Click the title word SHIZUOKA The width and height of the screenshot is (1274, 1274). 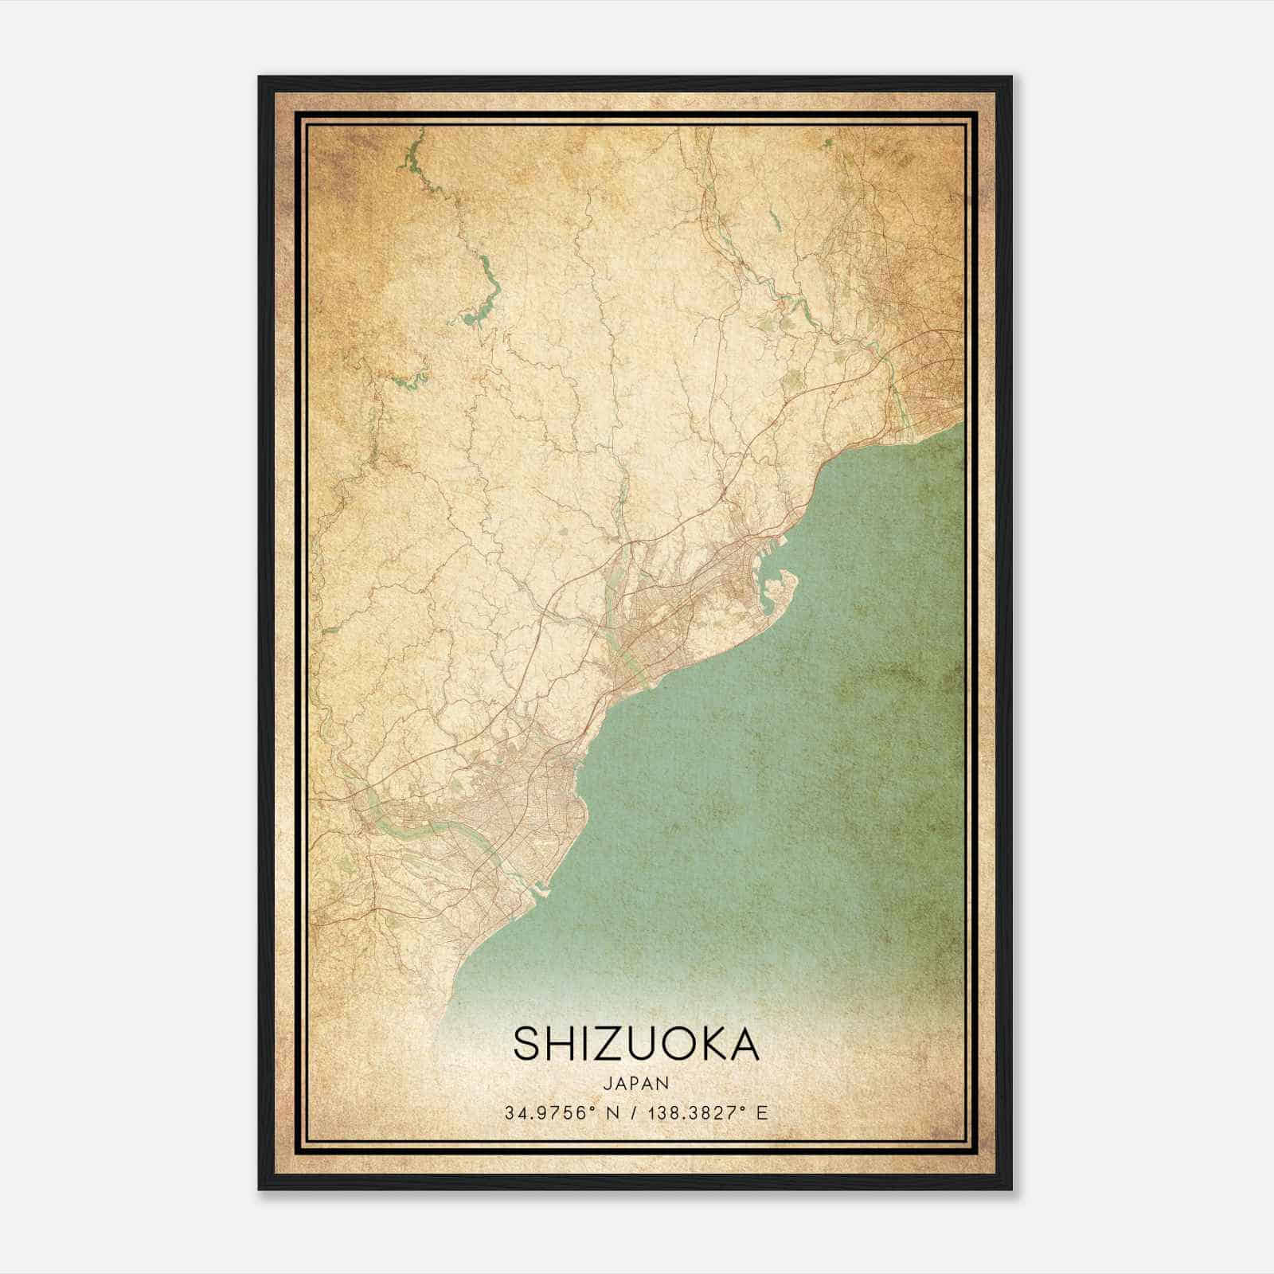pos(636,1044)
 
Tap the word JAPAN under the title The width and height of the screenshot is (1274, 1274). pos(636,1083)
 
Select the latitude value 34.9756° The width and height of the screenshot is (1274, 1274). pos(549,1112)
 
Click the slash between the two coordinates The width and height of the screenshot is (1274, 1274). pos(632,1112)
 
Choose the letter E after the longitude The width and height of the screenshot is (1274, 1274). pos(762,1112)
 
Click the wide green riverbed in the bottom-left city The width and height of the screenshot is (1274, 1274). pos(414,832)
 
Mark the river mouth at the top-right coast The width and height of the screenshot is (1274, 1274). pos(908,414)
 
